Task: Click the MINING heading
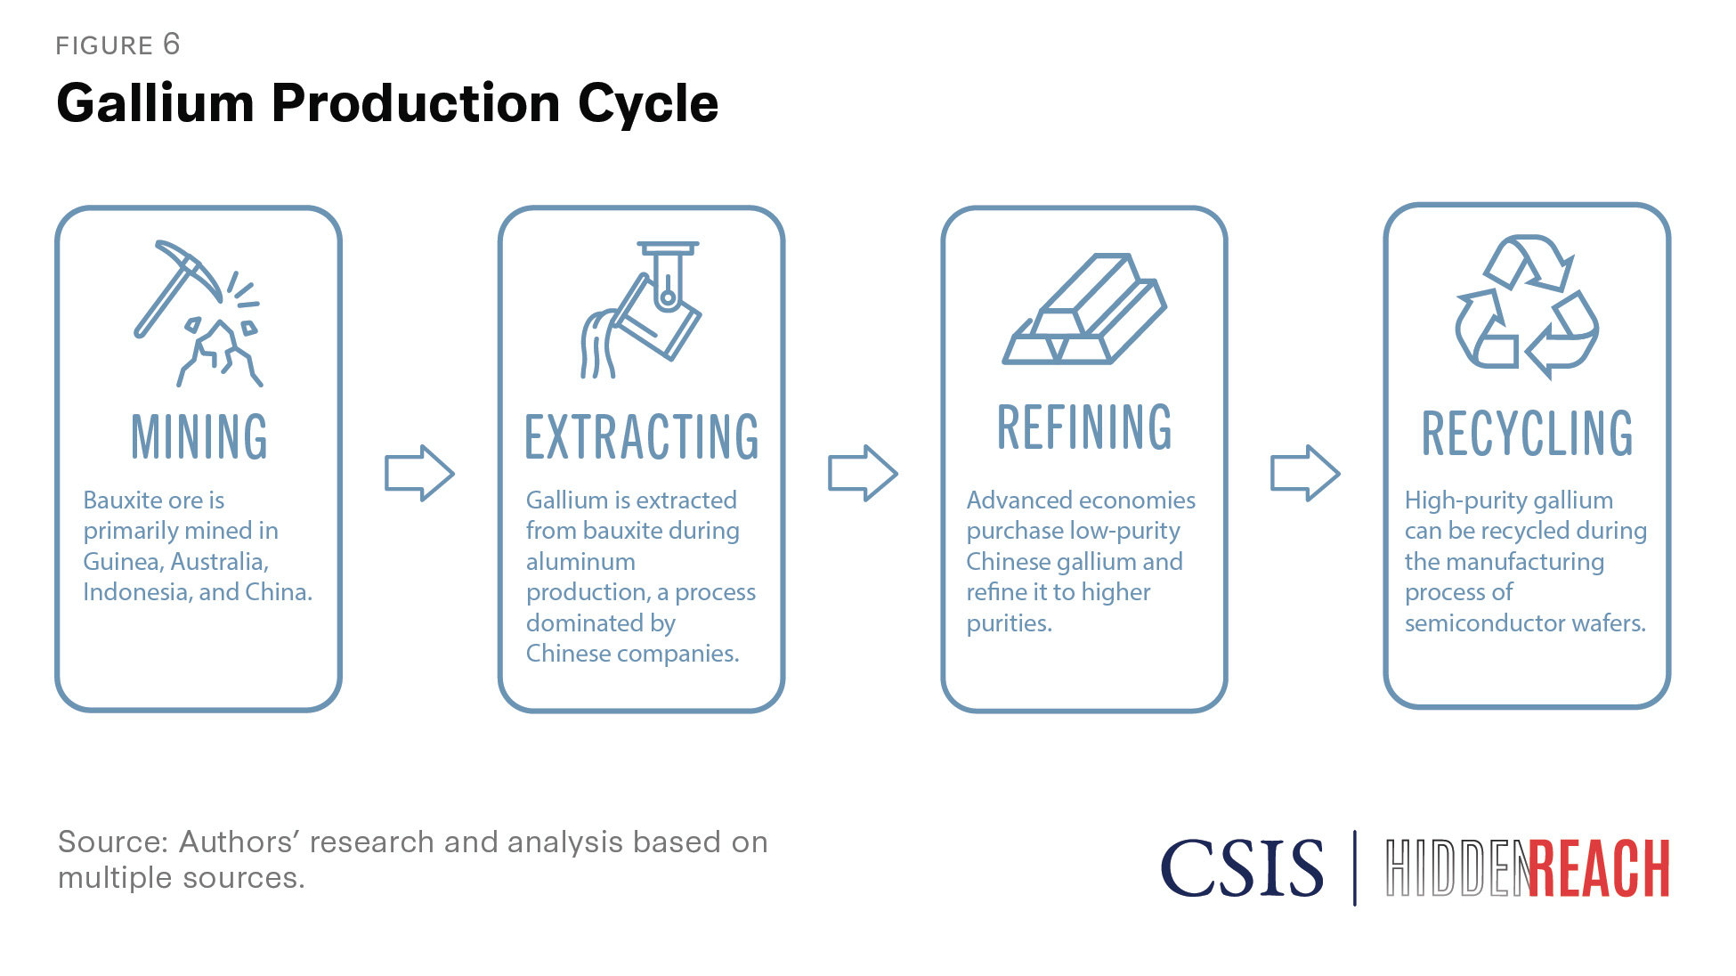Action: tap(199, 436)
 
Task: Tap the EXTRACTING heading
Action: tap(641, 436)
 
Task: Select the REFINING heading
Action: tap(1083, 427)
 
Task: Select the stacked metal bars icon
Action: tap(1083, 310)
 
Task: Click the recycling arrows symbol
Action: tap(1526, 306)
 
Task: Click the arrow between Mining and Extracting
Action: tap(419, 473)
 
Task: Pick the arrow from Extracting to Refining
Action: tap(862, 473)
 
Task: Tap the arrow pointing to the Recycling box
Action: tap(1304, 473)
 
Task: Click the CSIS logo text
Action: tap(1242, 868)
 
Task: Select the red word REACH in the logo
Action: tap(1600, 868)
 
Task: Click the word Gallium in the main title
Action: tap(156, 103)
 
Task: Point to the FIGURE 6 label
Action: tap(118, 45)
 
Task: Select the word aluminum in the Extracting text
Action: tap(580, 562)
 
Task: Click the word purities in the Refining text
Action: tap(1008, 623)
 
